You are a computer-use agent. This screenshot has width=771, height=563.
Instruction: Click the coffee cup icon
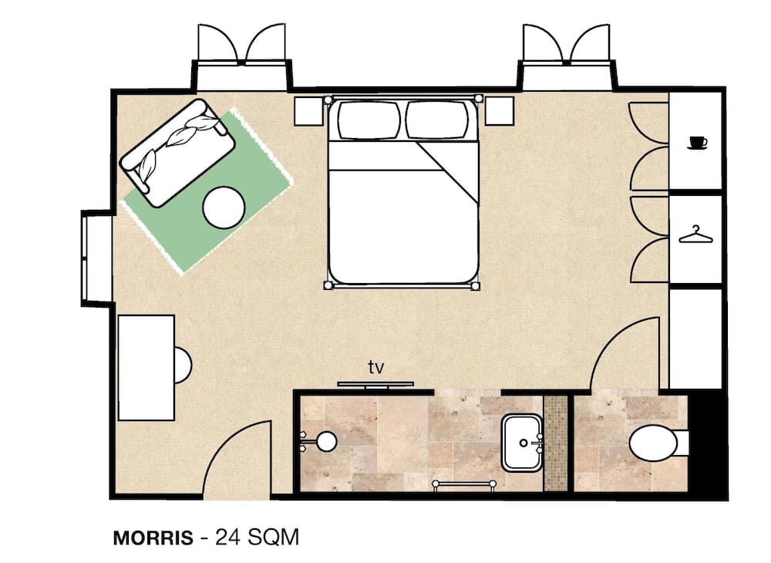pos(697,143)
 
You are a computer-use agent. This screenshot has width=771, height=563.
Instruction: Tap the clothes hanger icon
pos(695,234)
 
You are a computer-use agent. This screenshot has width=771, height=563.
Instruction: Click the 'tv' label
pos(375,367)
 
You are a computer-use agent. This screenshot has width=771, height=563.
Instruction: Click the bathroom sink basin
pos(522,443)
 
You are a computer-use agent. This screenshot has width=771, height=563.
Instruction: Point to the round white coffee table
pos(224,207)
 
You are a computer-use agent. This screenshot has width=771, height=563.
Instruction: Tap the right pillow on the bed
pos(437,120)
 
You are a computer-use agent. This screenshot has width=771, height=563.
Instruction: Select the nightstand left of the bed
pos(309,111)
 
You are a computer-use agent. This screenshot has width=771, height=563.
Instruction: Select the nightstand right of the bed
pos(500,111)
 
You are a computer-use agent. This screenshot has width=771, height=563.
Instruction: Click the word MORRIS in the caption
pos(153,538)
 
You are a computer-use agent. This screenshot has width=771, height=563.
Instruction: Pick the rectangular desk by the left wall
pos(146,367)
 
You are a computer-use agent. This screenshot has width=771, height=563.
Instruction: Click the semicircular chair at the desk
pos(182,365)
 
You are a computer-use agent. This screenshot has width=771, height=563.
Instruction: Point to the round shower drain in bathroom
pos(326,441)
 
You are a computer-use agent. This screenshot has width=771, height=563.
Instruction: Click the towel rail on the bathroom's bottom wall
pos(464,484)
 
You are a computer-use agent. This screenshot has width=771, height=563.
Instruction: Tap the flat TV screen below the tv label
pos(375,383)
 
